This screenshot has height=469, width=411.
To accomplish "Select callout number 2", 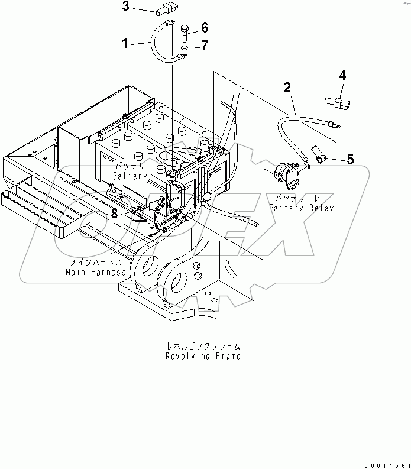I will click(287, 88).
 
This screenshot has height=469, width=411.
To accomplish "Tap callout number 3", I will click(125, 7).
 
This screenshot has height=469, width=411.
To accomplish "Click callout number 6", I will click(205, 27).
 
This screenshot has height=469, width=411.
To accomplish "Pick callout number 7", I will click(205, 46).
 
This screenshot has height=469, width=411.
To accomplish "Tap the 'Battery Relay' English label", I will click(302, 208).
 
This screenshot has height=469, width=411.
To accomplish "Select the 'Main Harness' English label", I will click(96, 272).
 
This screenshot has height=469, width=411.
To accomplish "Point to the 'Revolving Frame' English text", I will click(203, 357).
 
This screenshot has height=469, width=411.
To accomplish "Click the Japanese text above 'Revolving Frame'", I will click(203, 347).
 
